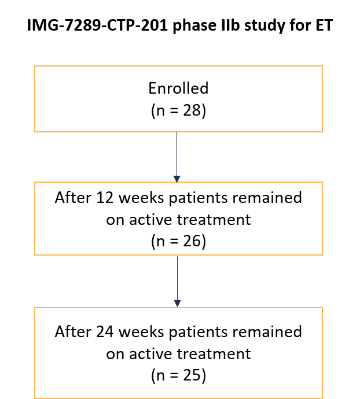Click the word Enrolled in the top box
178,88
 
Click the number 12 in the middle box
105,197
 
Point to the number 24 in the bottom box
105,331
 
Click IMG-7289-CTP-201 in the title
97,25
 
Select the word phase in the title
194,26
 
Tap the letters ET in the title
324,25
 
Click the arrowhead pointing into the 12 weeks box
177,179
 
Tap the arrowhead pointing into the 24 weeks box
177,304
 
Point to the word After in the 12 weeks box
73,197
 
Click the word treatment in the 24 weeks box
214,354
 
